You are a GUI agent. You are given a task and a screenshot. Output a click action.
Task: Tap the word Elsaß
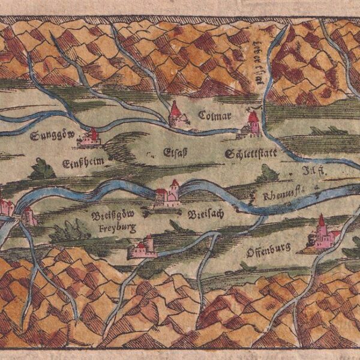[176, 152]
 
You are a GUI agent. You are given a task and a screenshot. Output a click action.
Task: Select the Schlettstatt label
[251, 154]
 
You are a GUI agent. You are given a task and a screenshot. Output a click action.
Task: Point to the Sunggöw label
[52, 135]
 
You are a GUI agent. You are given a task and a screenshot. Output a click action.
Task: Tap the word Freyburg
[115, 227]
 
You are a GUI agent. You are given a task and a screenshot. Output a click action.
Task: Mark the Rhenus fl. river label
[286, 193]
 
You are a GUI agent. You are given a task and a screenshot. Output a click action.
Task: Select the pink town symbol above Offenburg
[323, 235]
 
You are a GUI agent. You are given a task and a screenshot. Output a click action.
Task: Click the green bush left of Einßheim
[42, 170]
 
